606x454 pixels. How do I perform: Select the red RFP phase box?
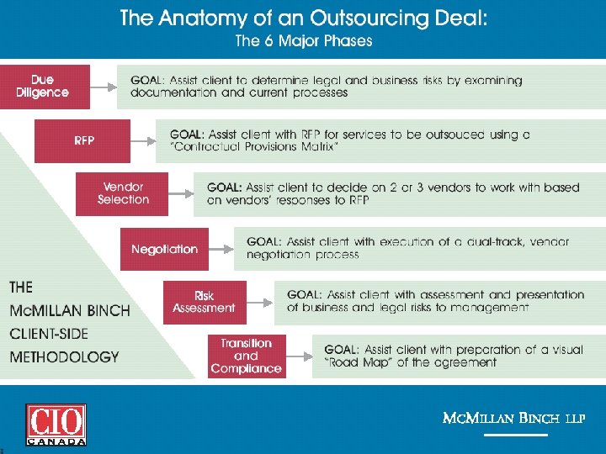pyautogui.click(x=82, y=140)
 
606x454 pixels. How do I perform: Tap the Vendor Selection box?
pyautogui.click(x=122, y=193)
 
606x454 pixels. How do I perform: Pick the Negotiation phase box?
pyautogui.click(x=164, y=249)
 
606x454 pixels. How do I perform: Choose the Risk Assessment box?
pyautogui.click(x=205, y=302)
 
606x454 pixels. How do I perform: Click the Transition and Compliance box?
pyautogui.click(x=247, y=356)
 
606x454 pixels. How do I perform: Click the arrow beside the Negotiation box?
pyautogui.click(x=221, y=248)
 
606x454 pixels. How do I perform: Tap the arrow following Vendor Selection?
pyautogui.click(x=180, y=194)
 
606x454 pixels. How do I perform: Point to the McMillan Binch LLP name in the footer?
pyautogui.click(x=514, y=418)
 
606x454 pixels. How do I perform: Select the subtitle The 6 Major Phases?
pyautogui.click(x=303, y=40)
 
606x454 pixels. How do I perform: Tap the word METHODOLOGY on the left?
pyautogui.click(x=65, y=356)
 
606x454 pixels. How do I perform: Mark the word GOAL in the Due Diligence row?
pyautogui.click(x=147, y=81)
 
